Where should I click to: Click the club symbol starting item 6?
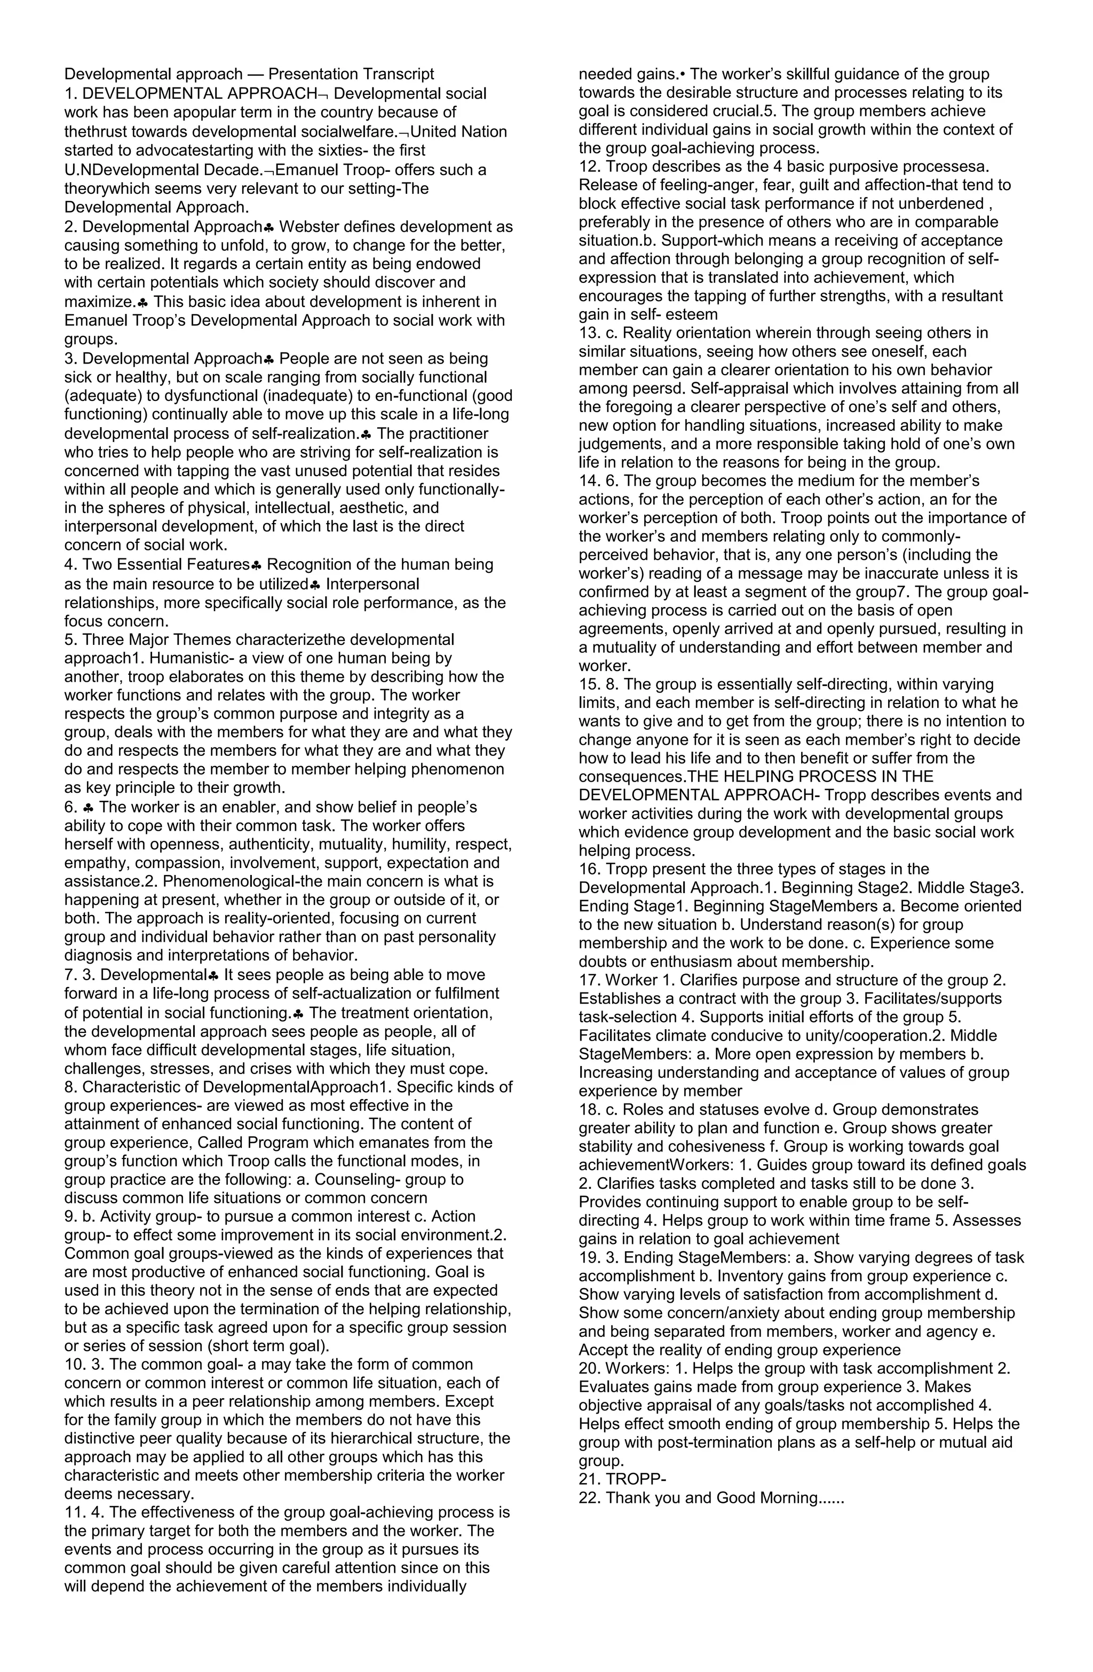(x=89, y=807)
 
